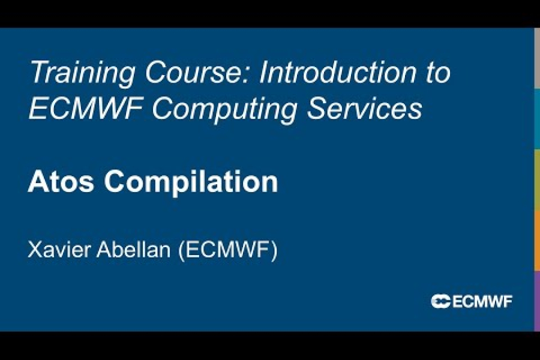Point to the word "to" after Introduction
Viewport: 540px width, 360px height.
pos(437,73)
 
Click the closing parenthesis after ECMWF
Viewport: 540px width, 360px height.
pos(274,251)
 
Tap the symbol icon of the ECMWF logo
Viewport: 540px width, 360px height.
pos(440,301)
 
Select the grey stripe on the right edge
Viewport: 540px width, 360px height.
pos(537,58)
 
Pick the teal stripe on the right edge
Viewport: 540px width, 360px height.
pos(537,119)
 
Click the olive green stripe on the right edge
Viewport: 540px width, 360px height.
pos(537,179)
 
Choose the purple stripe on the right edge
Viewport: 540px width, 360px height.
pos(537,301)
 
